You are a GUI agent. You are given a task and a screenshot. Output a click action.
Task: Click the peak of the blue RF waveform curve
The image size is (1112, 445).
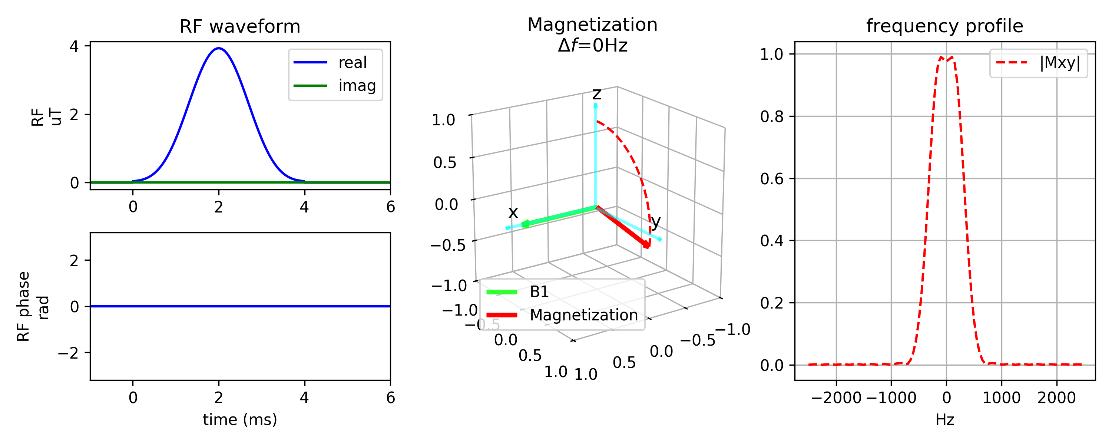pos(219,48)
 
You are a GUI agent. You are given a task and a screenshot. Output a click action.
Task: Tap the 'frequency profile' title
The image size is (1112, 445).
pos(944,26)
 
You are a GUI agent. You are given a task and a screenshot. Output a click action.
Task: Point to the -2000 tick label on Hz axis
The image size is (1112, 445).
pos(836,398)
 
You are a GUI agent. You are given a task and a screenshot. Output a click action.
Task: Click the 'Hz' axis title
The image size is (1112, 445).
pos(944,419)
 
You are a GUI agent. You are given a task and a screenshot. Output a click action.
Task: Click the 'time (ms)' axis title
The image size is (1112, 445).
pos(240,419)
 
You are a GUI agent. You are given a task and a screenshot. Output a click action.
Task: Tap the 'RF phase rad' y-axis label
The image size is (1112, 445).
pos(32,307)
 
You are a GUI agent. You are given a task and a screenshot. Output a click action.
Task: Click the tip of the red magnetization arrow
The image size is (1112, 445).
pos(648,247)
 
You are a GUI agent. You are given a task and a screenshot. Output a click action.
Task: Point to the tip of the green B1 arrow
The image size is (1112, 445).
pos(522,225)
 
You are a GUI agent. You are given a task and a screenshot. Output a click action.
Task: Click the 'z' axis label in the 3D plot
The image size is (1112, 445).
pos(596,93)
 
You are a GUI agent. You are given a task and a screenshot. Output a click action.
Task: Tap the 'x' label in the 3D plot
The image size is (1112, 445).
pos(513,212)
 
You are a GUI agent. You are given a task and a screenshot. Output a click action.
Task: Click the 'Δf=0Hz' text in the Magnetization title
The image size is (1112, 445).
pos(592,45)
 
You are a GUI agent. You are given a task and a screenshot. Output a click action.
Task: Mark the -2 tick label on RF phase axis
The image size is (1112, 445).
pos(69,353)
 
